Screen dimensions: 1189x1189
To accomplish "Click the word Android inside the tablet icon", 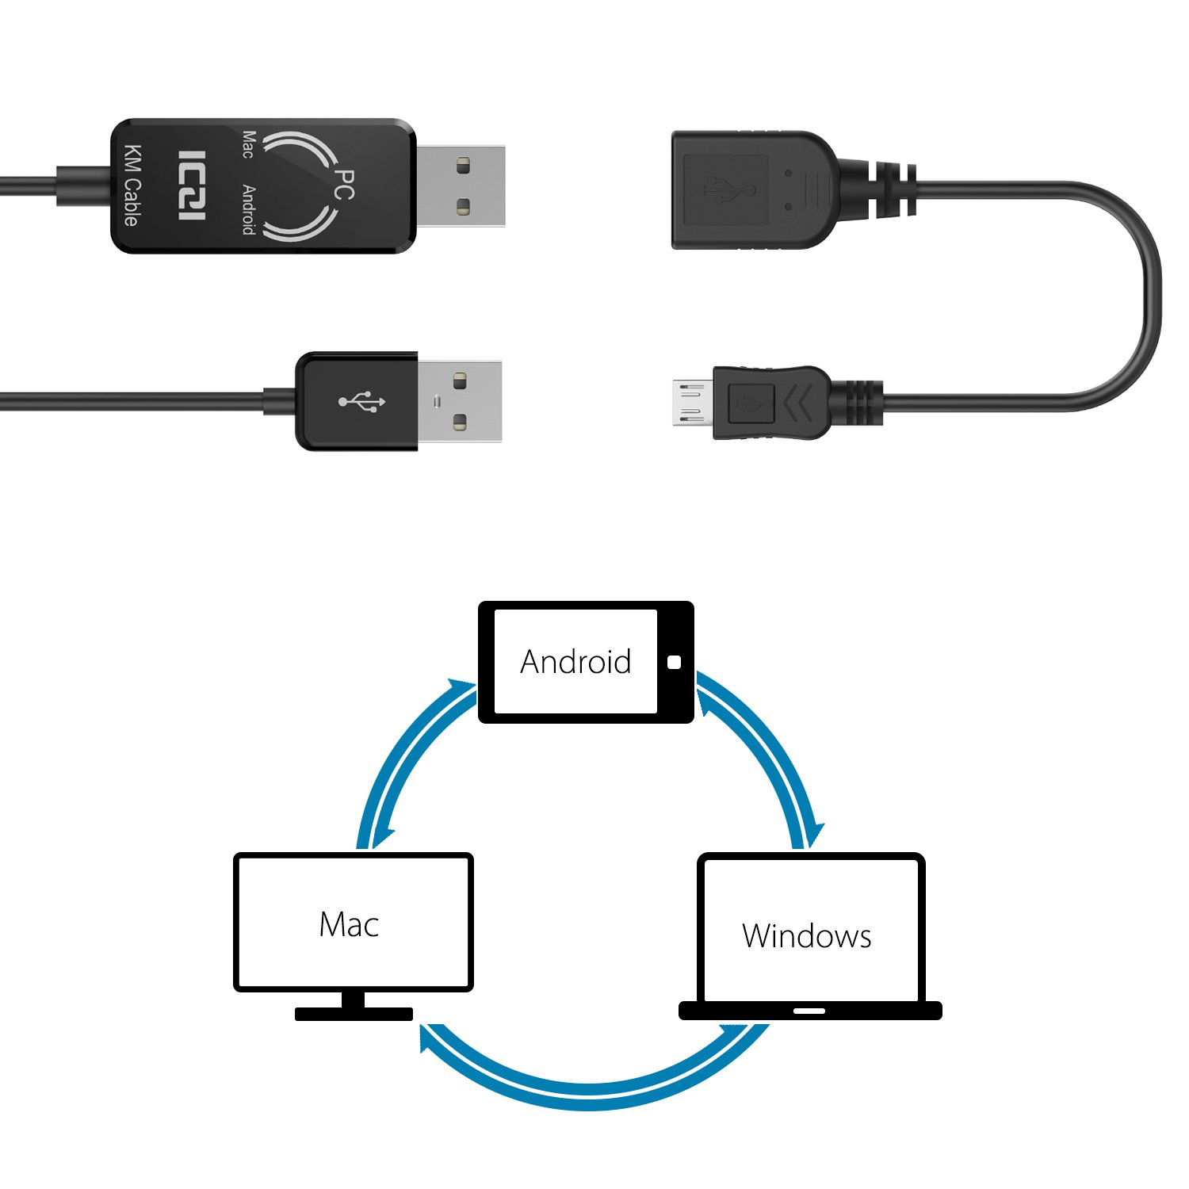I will pyautogui.click(x=575, y=662).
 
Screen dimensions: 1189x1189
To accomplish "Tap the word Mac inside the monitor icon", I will pyautogui.click(x=349, y=924).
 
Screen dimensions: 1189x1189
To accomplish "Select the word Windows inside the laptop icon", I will pyautogui.click(x=806, y=936).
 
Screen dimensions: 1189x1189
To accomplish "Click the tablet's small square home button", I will pyautogui.click(x=675, y=662).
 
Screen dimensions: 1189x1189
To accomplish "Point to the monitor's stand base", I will pyautogui.click(x=354, y=1014).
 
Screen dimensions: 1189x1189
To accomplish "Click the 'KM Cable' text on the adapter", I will pyautogui.click(x=132, y=185).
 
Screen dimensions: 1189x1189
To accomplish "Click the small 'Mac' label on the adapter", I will pyautogui.click(x=248, y=145).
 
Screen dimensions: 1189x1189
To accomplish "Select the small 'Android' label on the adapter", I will pyautogui.click(x=248, y=209).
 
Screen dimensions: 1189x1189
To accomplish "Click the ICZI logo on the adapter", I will pyautogui.click(x=192, y=185).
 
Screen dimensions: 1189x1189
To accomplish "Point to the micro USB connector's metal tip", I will pyautogui.click(x=691, y=403).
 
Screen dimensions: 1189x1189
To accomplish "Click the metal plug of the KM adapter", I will pyautogui.click(x=461, y=186).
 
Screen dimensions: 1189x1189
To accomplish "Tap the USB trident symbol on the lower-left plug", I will pyautogui.click(x=362, y=402).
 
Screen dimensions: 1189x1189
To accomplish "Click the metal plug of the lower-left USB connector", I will pyautogui.click(x=459, y=401).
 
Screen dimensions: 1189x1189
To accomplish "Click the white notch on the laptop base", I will pyautogui.click(x=809, y=1011).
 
